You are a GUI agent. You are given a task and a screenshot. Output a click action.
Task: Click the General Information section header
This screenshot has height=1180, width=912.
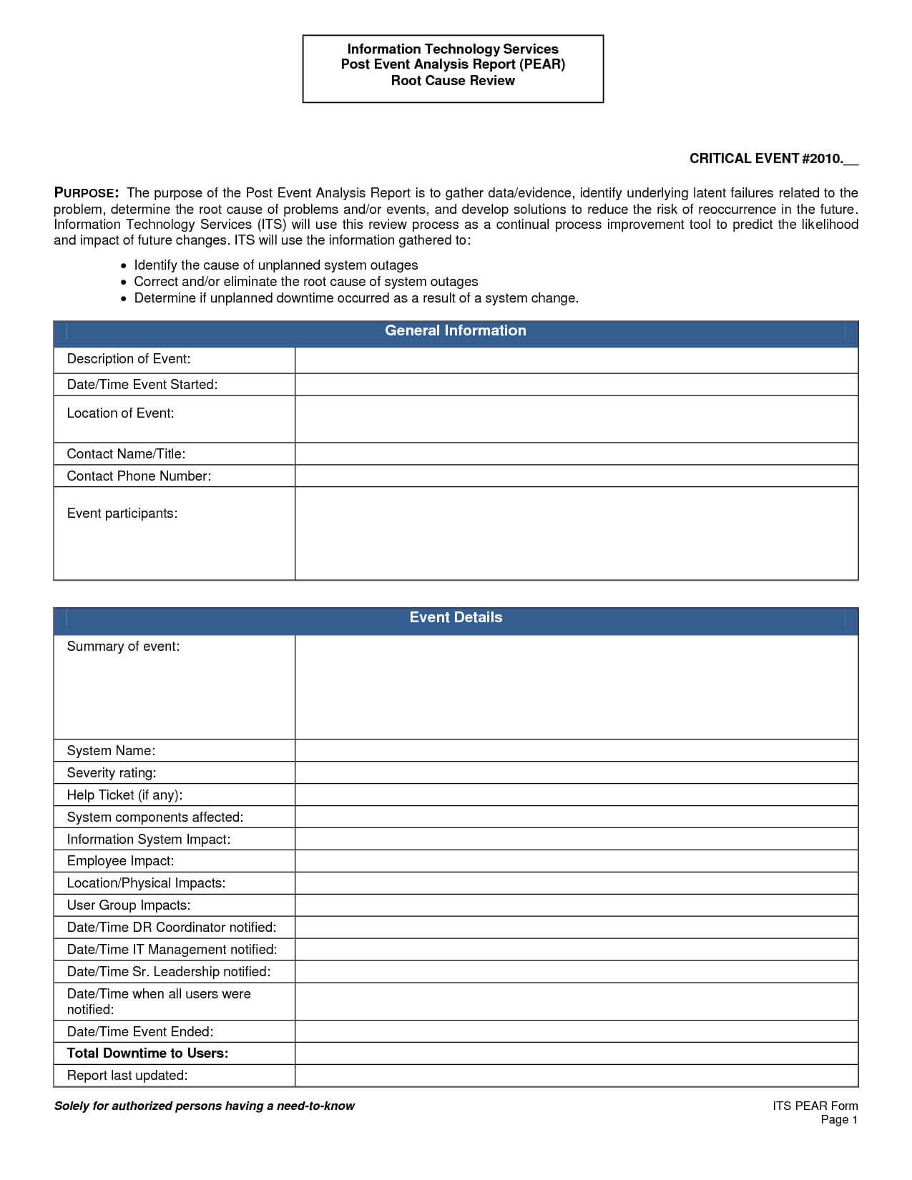pyautogui.click(x=455, y=331)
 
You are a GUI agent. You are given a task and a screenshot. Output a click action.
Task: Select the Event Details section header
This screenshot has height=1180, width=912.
pyautogui.click(x=455, y=618)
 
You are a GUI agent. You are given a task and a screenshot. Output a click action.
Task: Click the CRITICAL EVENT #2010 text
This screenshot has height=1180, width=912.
pyautogui.click(x=773, y=159)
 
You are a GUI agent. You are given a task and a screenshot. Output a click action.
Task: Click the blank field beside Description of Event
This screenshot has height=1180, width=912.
pyautogui.click(x=576, y=360)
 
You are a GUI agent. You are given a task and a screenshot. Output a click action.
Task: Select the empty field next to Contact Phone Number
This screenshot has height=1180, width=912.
pyautogui.click(x=576, y=476)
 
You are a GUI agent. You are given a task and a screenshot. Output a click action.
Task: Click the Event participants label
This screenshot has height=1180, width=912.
pyautogui.click(x=122, y=513)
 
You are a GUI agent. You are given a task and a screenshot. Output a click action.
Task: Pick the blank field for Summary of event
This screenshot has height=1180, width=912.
pyautogui.click(x=576, y=687)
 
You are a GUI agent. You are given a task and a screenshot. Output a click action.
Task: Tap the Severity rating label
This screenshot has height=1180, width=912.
pyautogui.click(x=111, y=773)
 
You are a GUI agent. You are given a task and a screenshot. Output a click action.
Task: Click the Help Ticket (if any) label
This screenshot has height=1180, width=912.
pyautogui.click(x=124, y=795)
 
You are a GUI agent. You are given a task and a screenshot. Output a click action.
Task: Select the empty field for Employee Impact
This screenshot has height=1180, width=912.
pyautogui.click(x=576, y=861)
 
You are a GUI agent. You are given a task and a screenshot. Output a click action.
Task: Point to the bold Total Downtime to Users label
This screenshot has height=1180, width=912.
pyautogui.click(x=147, y=1053)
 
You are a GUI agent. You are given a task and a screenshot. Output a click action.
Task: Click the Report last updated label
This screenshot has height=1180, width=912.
pyautogui.click(x=127, y=1076)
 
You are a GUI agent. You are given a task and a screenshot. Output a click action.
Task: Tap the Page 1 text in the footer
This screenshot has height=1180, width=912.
pyautogui.click(x=838, y=1120)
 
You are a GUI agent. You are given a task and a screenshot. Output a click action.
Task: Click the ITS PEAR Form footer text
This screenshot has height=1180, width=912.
pyautogui.click(x=815, y=1106)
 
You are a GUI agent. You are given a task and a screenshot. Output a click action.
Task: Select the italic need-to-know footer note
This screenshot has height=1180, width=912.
pyautogui.click(x=204, y=1106)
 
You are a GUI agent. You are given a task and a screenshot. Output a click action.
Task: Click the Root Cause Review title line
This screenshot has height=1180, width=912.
pyautogui.click(x=453, y=81)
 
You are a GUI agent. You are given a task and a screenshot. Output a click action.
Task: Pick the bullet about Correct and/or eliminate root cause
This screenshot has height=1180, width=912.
pyautogui.click(x=305, y=282)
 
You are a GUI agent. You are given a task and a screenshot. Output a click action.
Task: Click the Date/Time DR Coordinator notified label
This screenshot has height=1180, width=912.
pyautogui.click(x=171, y=928)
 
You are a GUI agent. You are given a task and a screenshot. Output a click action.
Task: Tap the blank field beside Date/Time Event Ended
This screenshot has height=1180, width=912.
pyautogui.click(x=576, y=1031)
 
